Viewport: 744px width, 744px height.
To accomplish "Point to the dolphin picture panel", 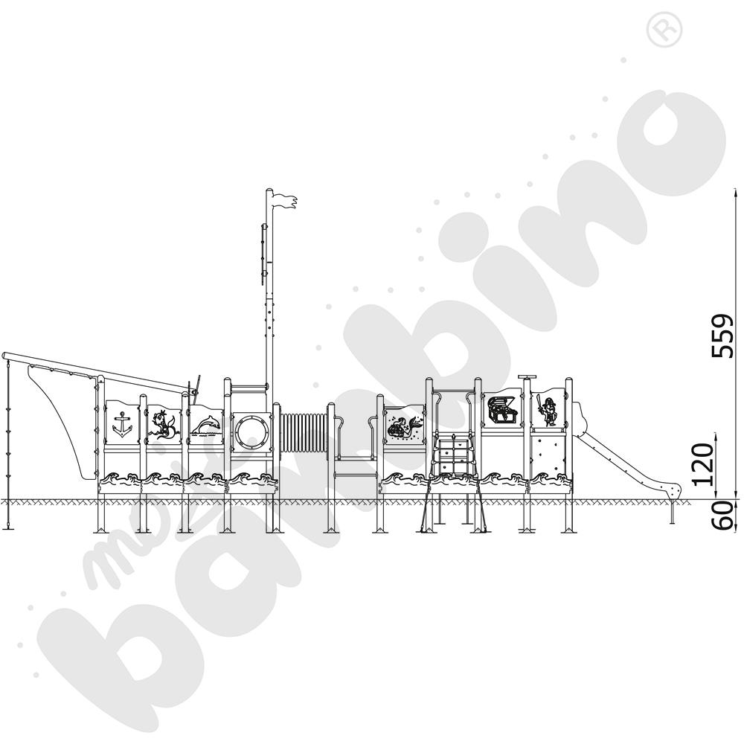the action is tap(206, 424).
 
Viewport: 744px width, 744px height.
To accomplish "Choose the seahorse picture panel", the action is tap(164, 423).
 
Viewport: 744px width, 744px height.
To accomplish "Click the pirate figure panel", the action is tap(548, 409).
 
